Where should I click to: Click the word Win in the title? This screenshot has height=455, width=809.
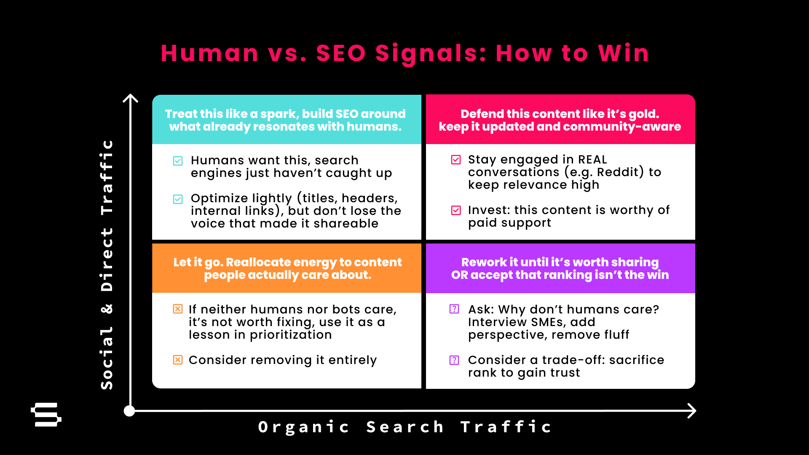click(624, 54)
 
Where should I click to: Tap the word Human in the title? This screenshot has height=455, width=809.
click(209, 54)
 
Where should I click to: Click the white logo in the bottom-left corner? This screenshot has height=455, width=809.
click(46, 415)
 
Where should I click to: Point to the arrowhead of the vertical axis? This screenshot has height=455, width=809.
click(131, 98)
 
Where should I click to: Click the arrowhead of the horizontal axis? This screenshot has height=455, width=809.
click(691, 411)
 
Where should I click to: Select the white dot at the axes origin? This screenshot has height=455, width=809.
click(129, 411)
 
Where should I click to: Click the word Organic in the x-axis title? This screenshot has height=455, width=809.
click(304, 427)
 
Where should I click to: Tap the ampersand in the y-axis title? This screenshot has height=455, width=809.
click(107, 309)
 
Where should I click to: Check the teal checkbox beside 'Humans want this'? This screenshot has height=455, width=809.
click(178, 161)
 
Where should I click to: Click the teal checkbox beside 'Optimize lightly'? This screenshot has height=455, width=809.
click(178, 199)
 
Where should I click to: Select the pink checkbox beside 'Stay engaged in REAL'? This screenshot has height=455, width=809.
click(456, 160)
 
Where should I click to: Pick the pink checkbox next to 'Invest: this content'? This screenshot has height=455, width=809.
click(456, 210)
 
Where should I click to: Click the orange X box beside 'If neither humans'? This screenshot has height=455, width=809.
click(178, 309)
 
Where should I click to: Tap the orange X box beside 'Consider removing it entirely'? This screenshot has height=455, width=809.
click(178, 360)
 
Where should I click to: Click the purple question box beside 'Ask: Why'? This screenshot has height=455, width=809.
click(454, 309)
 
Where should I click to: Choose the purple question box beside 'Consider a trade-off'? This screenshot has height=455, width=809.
click(454, 360)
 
